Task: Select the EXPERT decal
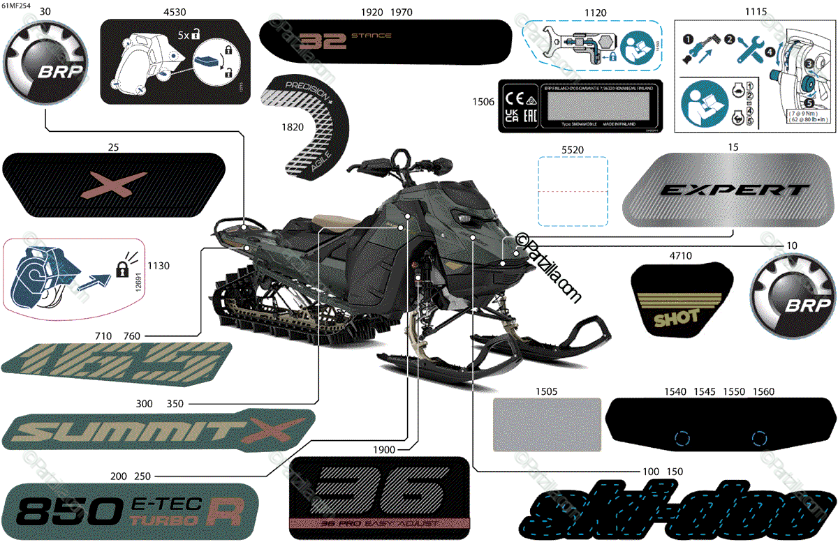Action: [730, 190]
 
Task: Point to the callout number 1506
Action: [483, 102]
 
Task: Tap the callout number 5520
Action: [572, 149]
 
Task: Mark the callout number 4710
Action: [680, 256]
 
